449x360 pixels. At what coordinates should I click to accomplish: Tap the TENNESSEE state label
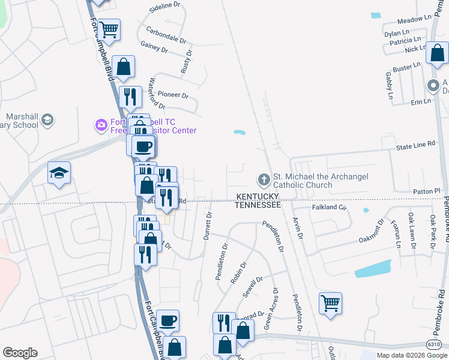pos(258,205)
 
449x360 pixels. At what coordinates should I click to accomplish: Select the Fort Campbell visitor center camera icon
pos(101,125)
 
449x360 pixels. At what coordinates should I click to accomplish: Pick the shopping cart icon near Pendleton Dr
pos(330,302)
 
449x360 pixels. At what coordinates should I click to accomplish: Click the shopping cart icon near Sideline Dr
pos(109,28)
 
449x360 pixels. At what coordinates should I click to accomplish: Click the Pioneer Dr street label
pos(173,95)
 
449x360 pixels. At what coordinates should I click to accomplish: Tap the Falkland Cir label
pos(330,207)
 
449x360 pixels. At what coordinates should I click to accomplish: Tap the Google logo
pos(20,353)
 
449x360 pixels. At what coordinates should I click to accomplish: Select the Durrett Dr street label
pos(208,226)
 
